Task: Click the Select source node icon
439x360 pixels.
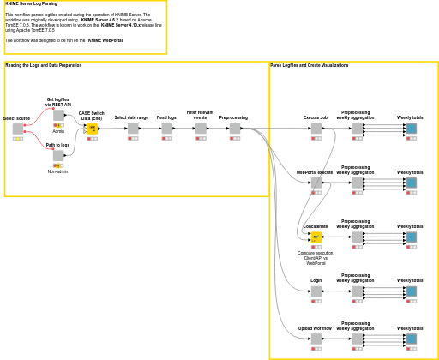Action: tap(18, 129)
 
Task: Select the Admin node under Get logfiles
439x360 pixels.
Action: tap(58, 116)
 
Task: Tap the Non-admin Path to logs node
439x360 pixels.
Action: tap(58, 156)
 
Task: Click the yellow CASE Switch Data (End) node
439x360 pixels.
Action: tap(92, 129)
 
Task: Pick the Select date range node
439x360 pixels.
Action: tap(133, 129)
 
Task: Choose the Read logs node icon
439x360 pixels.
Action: tap(166, 129)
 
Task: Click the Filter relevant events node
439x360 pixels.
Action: tap(201, 129)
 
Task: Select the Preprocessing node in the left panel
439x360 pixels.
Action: tap(235, 129)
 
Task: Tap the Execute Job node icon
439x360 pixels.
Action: tap(316, 129)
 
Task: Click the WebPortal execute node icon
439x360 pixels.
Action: tap(316, 183)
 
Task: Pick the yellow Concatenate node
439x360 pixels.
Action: tap(316, 237)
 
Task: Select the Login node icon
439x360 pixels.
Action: tap(316, 291)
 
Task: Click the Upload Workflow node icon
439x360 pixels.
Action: tap(316, 339)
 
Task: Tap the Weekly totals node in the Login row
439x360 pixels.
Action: tap(411, 291)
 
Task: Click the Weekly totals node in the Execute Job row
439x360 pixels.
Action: tap(411, 129)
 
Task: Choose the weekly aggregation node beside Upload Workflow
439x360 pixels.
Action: tap(357, 339)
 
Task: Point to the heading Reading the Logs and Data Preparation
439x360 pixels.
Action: tap(44, 65)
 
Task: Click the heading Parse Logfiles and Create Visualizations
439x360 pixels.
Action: tap(309, 65)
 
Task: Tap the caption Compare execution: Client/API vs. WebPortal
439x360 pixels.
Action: tap(316, 258)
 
